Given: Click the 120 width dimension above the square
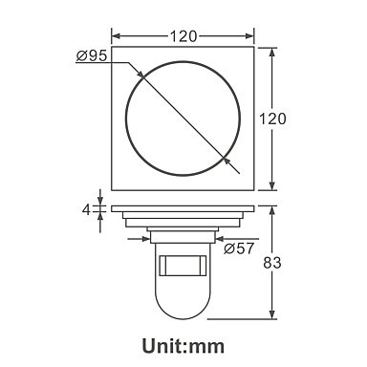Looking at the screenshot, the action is click(183, 36).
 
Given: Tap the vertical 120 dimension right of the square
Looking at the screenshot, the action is click(272, 119).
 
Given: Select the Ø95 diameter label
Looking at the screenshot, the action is click(92, 56).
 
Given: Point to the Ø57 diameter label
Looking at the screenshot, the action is click(239, 248).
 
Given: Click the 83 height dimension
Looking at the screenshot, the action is click(272, 263).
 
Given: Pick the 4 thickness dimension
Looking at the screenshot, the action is click(86, 210).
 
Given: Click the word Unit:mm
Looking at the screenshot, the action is click(183, 346).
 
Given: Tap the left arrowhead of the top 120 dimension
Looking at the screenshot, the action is click(116, 36).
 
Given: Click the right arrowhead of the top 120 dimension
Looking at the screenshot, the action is click(249, 36).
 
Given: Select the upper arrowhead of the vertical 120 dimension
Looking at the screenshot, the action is click(272, 53).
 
